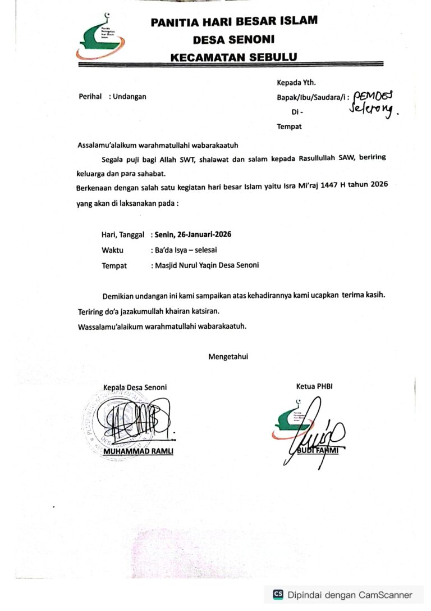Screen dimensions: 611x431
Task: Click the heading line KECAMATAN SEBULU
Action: click(x=233, y=57)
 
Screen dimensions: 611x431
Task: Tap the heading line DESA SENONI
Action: click(x=233, y=40)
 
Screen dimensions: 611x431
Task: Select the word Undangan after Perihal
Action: click(x=130, y=97)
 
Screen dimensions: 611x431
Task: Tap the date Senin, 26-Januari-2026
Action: click(x=191, y=234)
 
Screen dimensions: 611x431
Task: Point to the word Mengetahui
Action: click(x=228, y=356)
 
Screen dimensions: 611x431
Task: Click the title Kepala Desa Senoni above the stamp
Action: click(x=135, y=387)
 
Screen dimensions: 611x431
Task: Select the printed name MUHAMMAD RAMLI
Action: click(x=138, y=451)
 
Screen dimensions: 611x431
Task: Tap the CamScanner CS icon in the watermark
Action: click(x=278, y=595)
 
